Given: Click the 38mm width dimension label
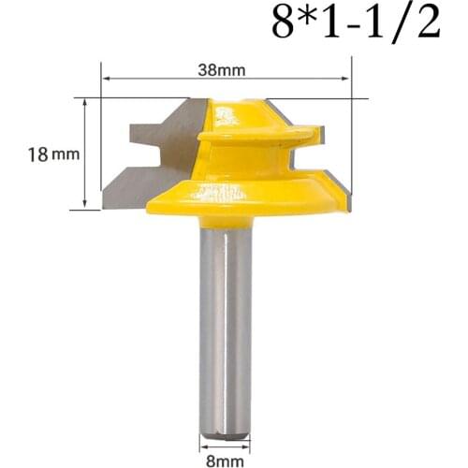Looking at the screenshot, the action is click(222, 70).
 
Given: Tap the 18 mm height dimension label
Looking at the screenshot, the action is click(53, 154).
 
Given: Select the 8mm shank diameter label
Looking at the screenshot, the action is click(225, 461).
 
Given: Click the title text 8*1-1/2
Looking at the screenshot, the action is click(356, 22).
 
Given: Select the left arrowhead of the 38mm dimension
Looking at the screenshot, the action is click(107, 79).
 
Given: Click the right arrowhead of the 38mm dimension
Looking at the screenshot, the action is click(344, 79).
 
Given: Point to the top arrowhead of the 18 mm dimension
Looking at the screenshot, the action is click(84, 103).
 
